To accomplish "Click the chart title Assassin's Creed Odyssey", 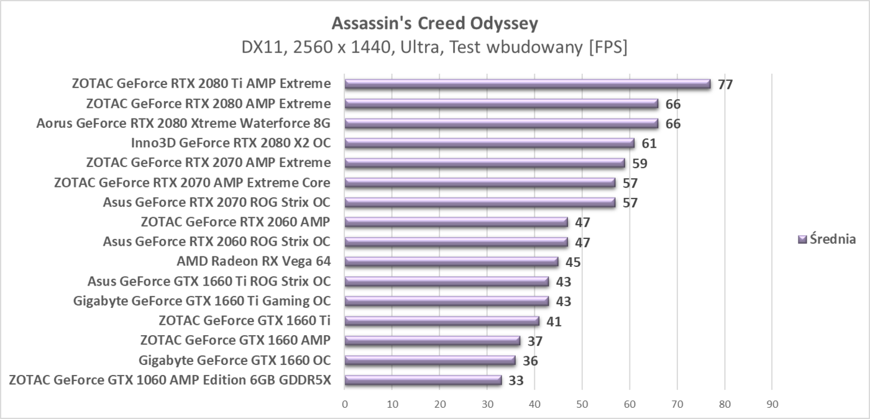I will coord(434,24).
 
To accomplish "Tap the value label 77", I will coord(725,84).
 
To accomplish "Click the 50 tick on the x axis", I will coord(582,403).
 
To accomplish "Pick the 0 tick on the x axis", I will coord(345,403).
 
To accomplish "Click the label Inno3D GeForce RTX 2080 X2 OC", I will coord(231,143).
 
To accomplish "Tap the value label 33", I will coord(516,381).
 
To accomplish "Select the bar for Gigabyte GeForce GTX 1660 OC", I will coord(430,361).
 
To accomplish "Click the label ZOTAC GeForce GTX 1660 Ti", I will coord(244,321).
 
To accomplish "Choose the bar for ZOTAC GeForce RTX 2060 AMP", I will coord(456,222).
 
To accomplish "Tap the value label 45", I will coord(573,262).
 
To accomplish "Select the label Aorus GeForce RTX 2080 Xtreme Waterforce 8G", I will coord(183,123).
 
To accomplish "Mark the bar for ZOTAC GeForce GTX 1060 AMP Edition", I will coord(423,381).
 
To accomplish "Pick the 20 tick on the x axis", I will coord(439,403).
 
